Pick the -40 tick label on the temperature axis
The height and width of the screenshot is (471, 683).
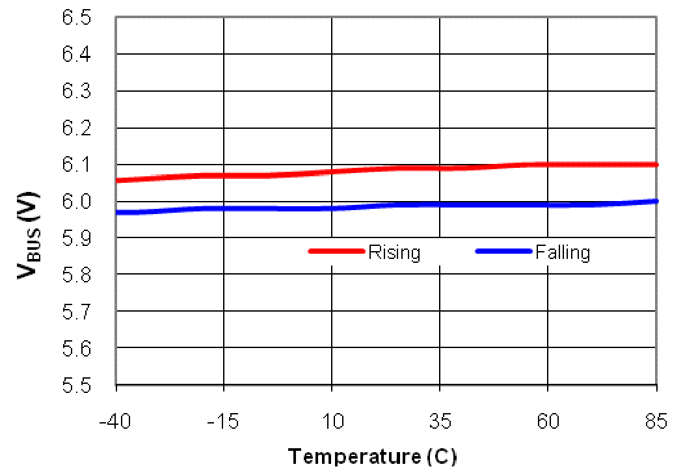pos(115,422)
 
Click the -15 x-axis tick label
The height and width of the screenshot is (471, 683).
pos(223,422)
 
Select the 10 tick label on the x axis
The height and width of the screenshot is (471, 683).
pos(332,422)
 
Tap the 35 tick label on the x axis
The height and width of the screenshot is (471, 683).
pos(440,422)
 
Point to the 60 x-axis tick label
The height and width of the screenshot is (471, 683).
pos(548,422)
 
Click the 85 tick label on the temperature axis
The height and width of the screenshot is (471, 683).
pos(656,422)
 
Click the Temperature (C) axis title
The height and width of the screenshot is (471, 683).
pos(372,457)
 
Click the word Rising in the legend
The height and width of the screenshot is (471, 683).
pos(394,252)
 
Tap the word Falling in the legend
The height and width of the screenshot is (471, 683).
pos(563,252)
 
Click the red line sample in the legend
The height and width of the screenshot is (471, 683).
pos(336,251)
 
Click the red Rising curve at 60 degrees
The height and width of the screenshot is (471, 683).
pos(548,164)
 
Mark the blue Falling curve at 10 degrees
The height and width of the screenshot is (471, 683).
pos(332,208)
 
